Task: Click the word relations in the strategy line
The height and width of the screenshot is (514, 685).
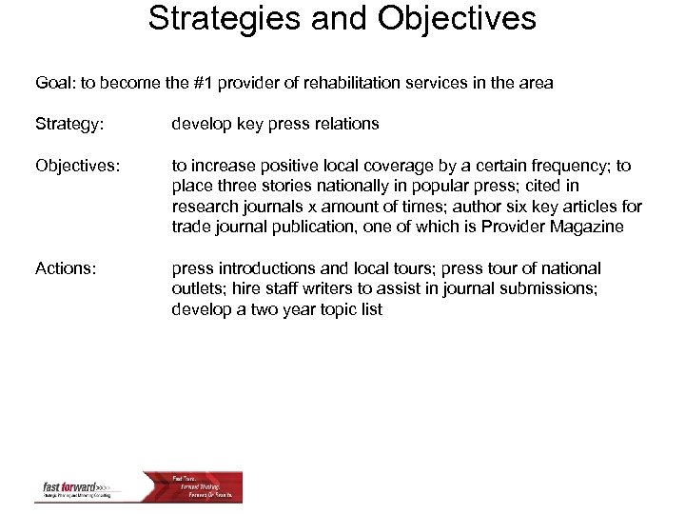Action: (x=346, y=124)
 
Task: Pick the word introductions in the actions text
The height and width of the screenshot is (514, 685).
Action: (x=265, y=268)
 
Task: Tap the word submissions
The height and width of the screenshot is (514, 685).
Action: (x=550, y=289)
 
